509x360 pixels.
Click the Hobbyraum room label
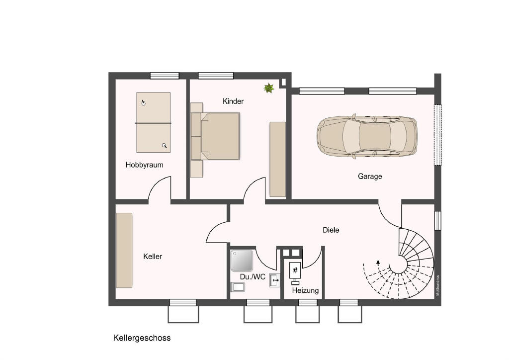pyautogui.click(x=144, y=165)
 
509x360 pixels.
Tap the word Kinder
pyautogui.click(x=233, y=101)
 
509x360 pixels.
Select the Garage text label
pyautogui.click(x=370, y=177)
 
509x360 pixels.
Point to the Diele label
pyautogui.click(x=331, y=230)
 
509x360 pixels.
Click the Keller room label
pyautogui.click(x=153, y=257)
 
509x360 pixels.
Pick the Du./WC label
pyautogui.click(x=253, y=277)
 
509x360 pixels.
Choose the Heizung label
pyautogui.click(x=305, y=290)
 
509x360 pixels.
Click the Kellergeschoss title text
pyautogui.click(x=142, y=338)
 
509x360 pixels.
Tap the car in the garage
pyautogui.click(x=367, y=137)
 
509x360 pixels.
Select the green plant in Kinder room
pyautogui.click(x=268, y=88)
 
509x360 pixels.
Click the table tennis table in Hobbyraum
pyautogui.click(x=154, y=123)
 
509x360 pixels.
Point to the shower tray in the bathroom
pyautogui.click(x=242, y=260)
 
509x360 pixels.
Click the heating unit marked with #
pyautogui.click(x=295, y=270)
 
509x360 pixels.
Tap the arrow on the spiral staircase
pyautogui.click(x=378, y=262)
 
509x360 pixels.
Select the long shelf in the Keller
pyautogui.click(x=124, y=250)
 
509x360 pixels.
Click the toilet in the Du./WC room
pyautogui.click(x=238, y=287)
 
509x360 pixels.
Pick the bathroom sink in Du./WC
pyautogui.click(x=275, y=280)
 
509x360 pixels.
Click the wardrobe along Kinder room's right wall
pyautogui.click(x=278, y=159)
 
